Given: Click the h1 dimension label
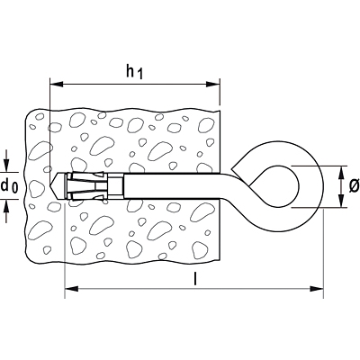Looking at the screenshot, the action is (134, 72).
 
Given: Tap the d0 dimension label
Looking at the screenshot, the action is (9, 186).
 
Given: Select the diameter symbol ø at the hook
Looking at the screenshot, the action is (355, 186).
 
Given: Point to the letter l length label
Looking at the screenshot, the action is (195, 278).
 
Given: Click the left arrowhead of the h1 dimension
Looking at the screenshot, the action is (57, 85).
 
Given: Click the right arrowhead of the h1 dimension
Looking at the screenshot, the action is (212, 85).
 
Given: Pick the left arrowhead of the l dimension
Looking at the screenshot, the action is (72, 289).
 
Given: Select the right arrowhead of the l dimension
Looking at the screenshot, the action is (317, 289).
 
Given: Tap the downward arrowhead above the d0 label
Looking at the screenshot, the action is (7, 166).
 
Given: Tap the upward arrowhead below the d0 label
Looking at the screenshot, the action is (7, 206).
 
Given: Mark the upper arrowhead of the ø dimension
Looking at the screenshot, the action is (341, 173).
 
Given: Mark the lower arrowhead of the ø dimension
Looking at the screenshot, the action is (341, 201).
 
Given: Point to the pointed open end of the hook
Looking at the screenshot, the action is (231, 166).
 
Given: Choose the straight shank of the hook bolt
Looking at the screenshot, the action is (174, 185).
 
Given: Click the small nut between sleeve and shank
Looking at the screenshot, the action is (116, 185).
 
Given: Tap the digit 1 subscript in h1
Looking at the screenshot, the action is (139, 75).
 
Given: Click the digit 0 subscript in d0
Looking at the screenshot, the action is (14, 188).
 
